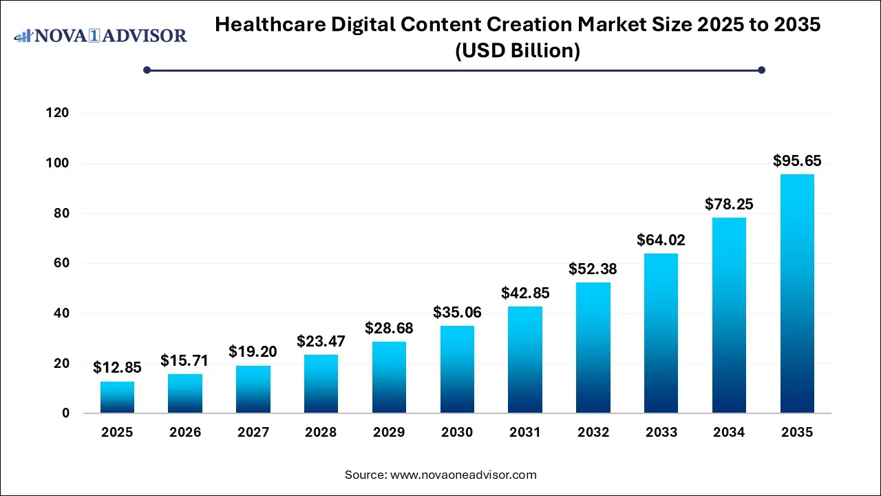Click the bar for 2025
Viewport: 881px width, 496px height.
[117, 397]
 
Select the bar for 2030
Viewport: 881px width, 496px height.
[457, 369]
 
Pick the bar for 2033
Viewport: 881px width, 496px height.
[661, 333]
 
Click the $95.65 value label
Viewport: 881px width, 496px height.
[797, 161]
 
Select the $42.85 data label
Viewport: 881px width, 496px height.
[525, 293]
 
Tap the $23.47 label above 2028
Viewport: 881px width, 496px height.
[321, 341]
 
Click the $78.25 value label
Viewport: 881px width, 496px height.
[729, 205]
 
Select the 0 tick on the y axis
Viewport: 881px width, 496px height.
[65, 413]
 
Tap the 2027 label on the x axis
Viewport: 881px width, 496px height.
[253, 433]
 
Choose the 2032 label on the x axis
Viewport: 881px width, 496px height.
[593, 433]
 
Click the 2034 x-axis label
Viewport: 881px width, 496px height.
[729, 433]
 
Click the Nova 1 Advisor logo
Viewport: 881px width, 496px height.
[100, 35]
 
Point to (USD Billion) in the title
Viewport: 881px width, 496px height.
[518, 51]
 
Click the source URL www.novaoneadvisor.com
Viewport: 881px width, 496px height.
[463, 475]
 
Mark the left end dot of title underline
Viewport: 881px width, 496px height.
[147, 70]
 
